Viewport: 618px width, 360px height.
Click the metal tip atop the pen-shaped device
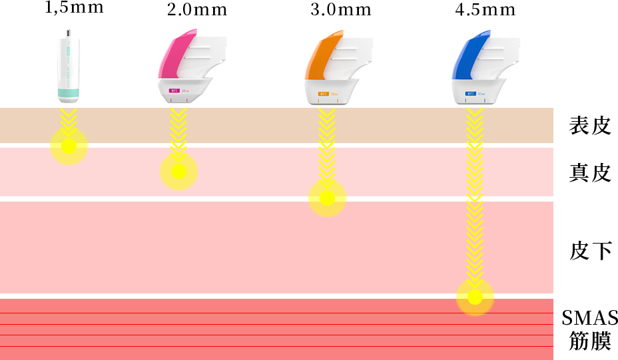click(69, 33)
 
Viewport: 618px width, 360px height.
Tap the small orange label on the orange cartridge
click(323, 94)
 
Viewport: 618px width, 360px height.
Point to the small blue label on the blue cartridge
click(470, 94)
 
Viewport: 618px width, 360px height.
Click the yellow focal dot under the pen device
click(69, 146)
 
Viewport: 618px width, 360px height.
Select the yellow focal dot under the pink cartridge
click(178, 172)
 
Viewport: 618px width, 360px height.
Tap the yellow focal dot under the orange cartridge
click(327, 198)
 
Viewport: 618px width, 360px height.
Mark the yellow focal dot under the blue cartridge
click(474, 297)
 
